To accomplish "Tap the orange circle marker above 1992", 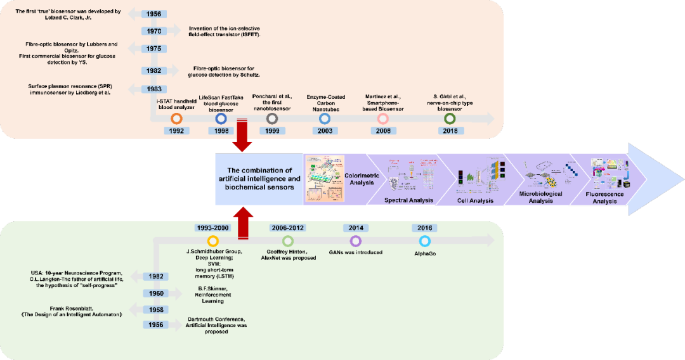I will (177, 119).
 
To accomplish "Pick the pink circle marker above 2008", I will (383, 119).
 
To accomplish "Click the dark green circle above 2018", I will (450, 119).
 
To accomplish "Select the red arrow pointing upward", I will (243, 222).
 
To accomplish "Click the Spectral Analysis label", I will (408, 200).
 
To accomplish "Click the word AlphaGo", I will (425, 252).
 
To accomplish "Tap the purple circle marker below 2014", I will (355, 241).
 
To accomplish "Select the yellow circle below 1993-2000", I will (213, 241).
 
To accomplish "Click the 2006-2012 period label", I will (288, 228).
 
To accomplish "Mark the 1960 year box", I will (157, 293).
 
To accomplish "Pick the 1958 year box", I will (157, 309).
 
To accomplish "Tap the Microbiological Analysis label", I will (536, 197).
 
